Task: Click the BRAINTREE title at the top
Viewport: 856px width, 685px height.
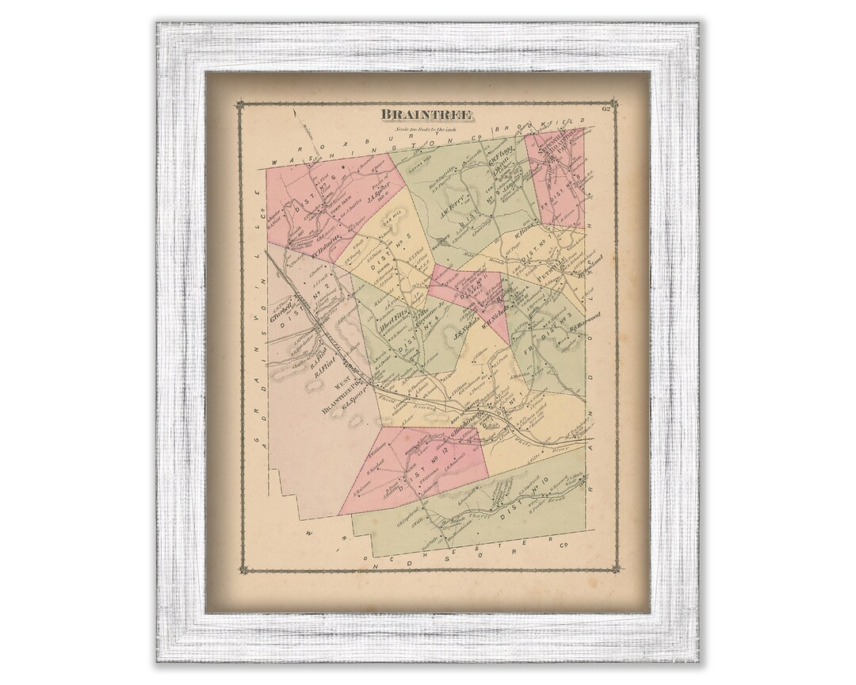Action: (427, 113)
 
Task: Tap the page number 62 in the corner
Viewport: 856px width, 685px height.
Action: (606, 109)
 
